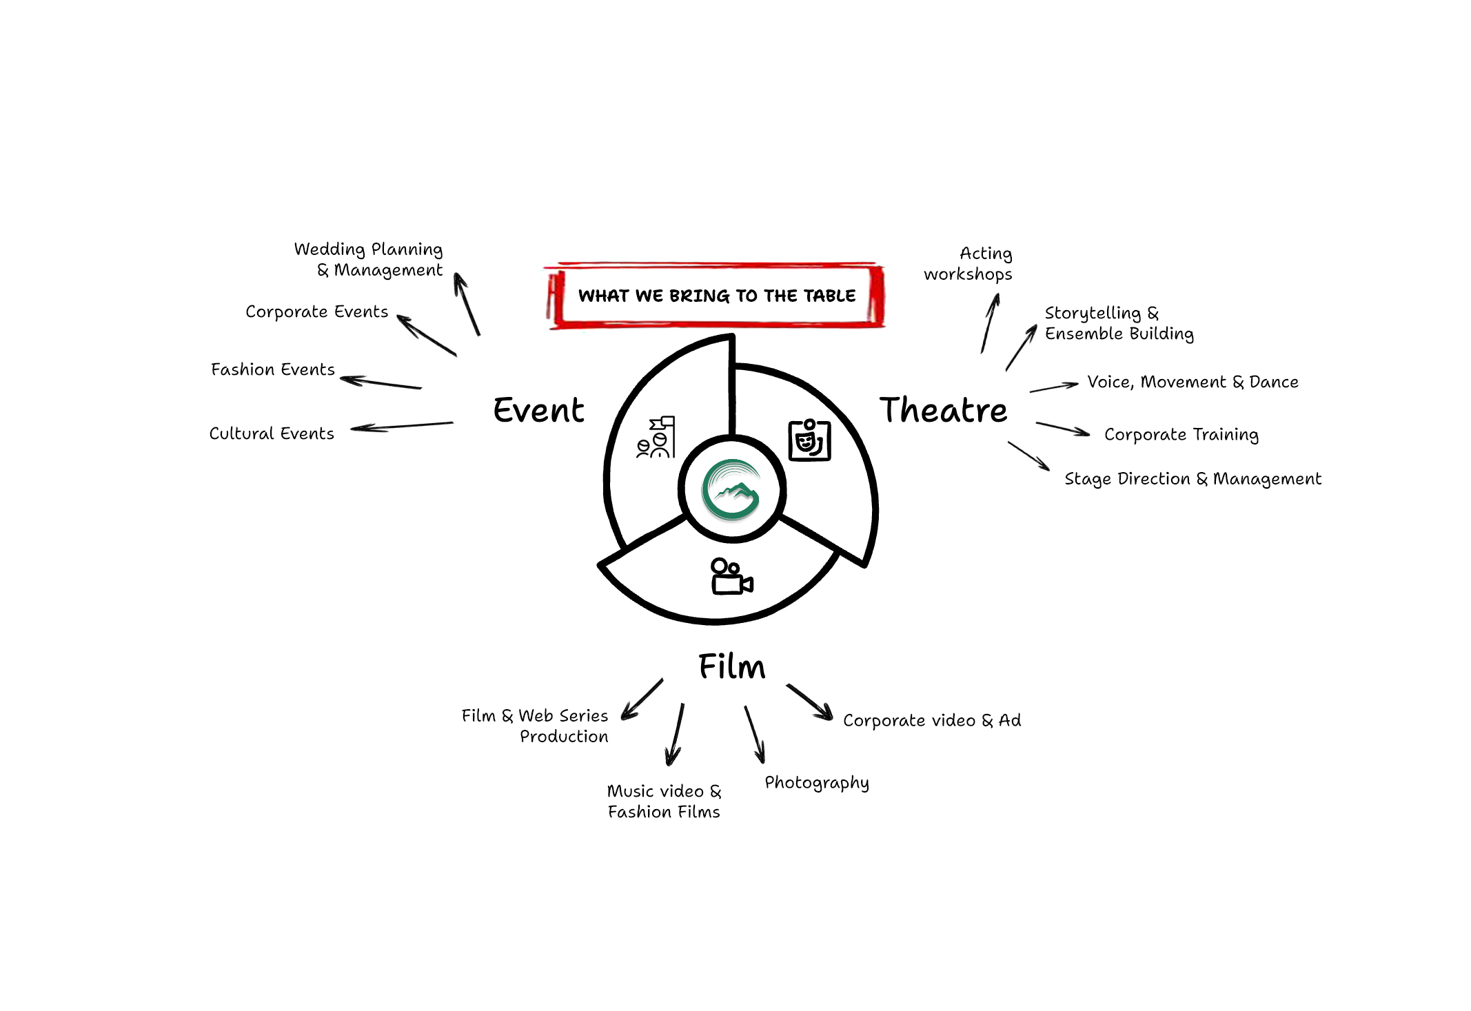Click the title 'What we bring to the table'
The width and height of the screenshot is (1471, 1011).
tap(716, 296)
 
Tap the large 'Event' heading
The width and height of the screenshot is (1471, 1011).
tap(538, 410)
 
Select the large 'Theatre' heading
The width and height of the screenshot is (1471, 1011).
tap(943, 410)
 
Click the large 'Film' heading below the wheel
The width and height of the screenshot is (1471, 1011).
tap(731, 666)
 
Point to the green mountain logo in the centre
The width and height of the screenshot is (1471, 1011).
tap(731, 489)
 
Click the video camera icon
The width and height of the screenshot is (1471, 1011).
tap(731, 577)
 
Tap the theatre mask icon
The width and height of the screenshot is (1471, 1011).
tap(809, 440)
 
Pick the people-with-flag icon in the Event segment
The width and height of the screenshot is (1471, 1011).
tap(656, 438)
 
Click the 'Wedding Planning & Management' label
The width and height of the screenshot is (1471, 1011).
tap(369, 259)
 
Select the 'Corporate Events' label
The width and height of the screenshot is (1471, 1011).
tap(316, 312)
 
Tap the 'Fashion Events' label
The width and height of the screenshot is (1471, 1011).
tap(272, 369)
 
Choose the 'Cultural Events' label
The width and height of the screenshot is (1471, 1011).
tap(272, 433)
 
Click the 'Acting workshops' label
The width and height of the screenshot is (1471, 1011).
tap(968, 264)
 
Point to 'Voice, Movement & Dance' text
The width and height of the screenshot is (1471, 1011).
tap(1193, 382)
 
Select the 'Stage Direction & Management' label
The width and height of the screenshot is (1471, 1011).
tap(1193, 479)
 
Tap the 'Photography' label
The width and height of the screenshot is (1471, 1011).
tap(817, 783)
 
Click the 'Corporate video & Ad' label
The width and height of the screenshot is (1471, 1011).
tap(932, 720)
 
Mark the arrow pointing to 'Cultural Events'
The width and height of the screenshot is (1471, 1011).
tap(401, 426)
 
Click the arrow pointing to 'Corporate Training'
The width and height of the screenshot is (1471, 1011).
tap(1062, 429)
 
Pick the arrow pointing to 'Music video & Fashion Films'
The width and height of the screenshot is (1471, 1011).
tap(675, 735)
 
